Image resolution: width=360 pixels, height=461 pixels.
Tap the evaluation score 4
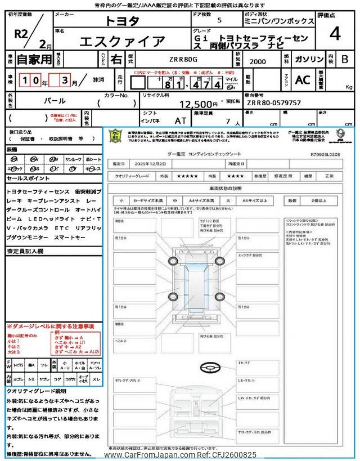click(335, 34)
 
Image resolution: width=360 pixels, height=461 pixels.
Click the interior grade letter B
click(344, 58)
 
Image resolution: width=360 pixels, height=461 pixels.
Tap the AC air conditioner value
click(302, 80)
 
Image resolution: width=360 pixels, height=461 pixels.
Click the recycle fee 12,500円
click(198, 104)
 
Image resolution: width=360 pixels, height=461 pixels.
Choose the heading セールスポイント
click(29, 178)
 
